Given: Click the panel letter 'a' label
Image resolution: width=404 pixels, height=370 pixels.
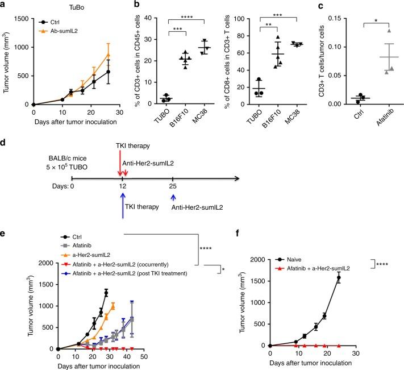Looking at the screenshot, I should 3,5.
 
